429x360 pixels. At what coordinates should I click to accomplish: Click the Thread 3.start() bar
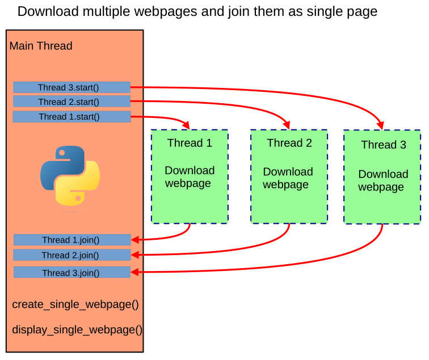71,87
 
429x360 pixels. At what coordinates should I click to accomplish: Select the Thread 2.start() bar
71,101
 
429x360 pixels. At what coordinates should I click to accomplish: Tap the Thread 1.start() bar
71,117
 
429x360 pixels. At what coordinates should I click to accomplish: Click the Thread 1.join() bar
72,240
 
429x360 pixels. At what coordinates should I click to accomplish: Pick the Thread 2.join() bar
72,255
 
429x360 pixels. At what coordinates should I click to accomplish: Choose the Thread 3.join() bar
72,273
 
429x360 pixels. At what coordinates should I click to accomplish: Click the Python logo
70,175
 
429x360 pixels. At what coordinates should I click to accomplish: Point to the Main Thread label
41,46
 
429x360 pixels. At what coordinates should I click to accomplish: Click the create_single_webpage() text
75,304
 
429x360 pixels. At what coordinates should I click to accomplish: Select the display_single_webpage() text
77,330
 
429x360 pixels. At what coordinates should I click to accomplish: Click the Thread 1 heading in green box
190,143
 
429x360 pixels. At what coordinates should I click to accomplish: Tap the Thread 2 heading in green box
289,143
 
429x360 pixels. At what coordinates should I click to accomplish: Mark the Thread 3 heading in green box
384,145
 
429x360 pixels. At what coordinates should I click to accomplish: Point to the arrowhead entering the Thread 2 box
286,125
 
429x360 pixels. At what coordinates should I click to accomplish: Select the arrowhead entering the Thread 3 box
380,125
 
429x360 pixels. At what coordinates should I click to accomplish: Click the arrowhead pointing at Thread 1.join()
135,240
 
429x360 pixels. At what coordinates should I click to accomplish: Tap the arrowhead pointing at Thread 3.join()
135,272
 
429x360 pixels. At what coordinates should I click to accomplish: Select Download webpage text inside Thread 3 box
383,180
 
